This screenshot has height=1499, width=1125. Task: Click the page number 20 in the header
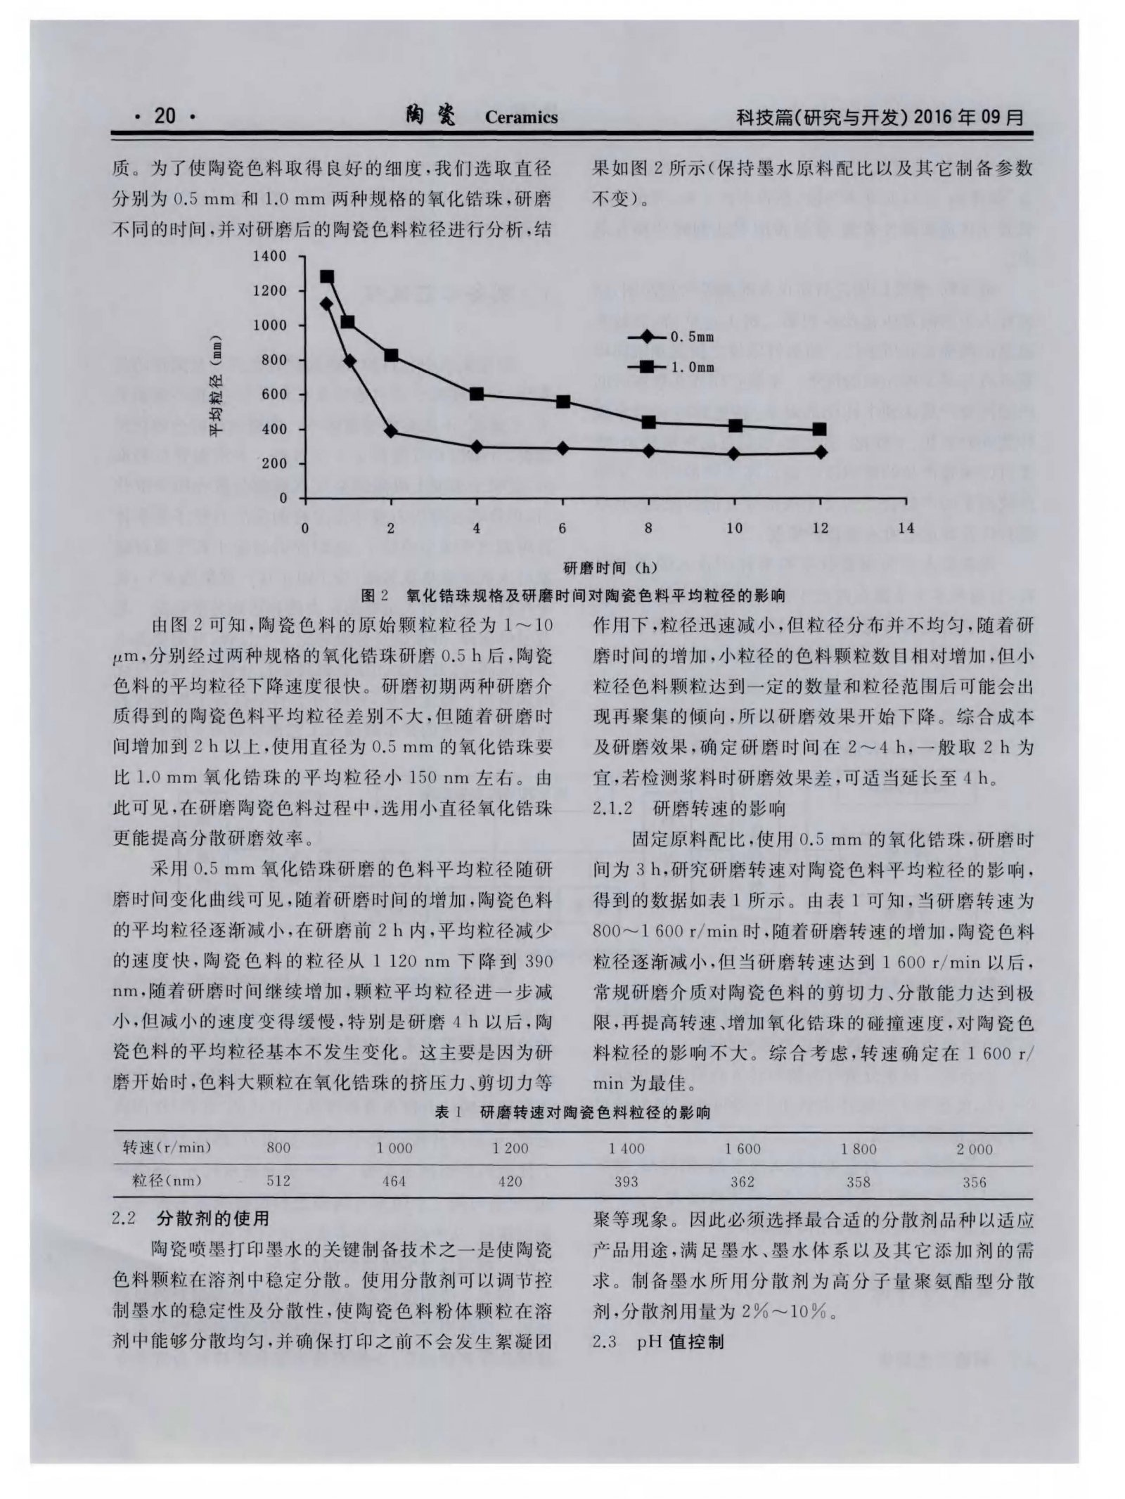click(x=165, y=115)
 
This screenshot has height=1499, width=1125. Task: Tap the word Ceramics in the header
click(x=521, y=117)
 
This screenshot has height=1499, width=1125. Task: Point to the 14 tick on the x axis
click(x=906, y=528)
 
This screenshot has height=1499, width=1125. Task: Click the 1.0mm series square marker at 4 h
click(x=477, y=394)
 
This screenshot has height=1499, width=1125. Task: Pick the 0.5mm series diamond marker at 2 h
click(x=391, y=431)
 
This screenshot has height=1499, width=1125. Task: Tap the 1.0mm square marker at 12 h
click(x=820, y=429)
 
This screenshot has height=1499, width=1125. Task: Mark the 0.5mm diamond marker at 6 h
click(x=562, y=448)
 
